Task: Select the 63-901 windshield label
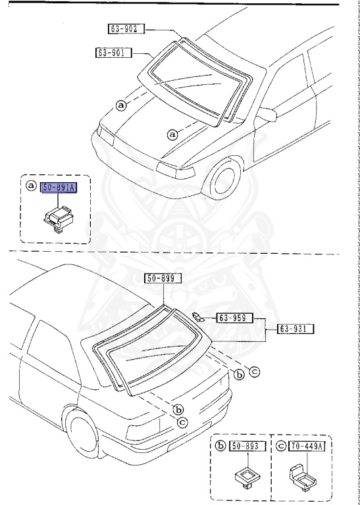point(113,52)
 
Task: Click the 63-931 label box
point(295,329)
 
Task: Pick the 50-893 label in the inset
point(247,447)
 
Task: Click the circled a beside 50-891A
point(30,186)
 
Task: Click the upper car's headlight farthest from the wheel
point(105,137)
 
